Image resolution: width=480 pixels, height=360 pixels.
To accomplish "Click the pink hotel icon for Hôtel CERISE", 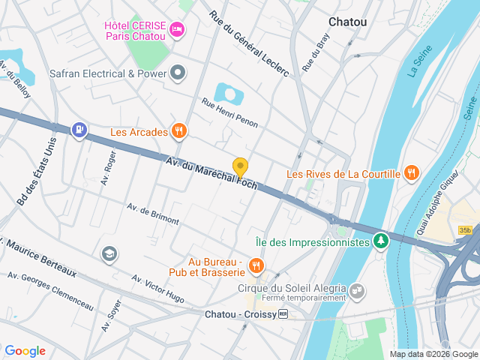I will pos(177,29).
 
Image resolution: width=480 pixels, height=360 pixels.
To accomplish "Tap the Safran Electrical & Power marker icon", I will pos(178,73).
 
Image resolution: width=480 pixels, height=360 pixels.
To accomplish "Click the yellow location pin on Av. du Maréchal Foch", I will pos(240,167).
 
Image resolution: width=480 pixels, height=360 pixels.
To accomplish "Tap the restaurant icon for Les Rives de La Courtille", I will pos(410,174).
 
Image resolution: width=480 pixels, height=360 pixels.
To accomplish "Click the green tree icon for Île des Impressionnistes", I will pos(382,241).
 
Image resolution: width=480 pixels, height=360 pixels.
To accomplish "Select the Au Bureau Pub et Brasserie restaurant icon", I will pos(256,265).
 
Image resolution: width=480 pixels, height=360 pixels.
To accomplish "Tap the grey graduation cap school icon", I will pos(109,254).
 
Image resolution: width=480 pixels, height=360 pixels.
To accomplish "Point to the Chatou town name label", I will pos(348,22).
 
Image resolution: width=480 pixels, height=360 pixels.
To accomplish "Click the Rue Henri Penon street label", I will pos(229,110).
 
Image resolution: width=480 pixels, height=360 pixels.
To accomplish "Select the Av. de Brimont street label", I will pos(153,214).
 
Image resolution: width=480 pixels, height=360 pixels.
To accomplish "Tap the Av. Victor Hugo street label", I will pos(157,288).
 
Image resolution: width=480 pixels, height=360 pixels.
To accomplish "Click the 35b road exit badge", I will pos(466,230).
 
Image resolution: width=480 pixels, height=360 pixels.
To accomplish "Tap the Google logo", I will pos(25,350).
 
